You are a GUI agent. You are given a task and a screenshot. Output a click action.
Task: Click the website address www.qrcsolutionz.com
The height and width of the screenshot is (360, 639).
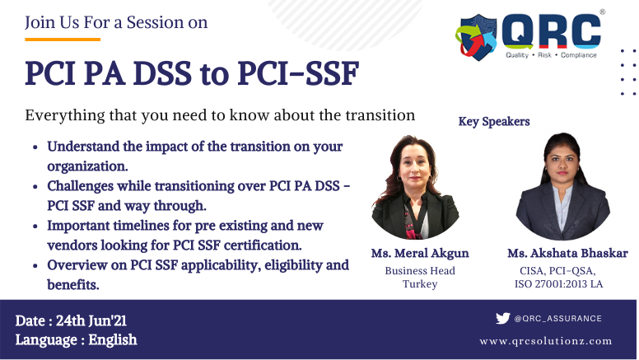click(x=545, y=340)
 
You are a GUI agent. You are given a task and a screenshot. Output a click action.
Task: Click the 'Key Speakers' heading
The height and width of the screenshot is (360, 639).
click(x=494, y=122)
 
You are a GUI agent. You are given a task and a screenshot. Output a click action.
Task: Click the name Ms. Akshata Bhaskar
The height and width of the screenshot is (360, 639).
click(x=556, y=253)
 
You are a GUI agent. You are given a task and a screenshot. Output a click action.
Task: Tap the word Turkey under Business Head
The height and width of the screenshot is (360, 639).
click(x=419, y=284)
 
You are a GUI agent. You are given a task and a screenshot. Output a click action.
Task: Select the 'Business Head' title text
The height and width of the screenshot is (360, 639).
click(x=419, y=271)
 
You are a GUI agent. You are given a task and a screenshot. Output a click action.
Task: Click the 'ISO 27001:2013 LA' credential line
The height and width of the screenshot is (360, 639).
click(x=556, y=284)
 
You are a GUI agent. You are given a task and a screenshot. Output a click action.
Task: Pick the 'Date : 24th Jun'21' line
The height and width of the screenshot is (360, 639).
click(x=71, y=320)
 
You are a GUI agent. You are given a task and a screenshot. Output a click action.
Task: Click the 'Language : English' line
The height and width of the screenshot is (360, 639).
click(x=76, y=339)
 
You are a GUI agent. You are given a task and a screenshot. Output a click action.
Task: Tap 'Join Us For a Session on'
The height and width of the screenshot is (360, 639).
click(x=116, y=22)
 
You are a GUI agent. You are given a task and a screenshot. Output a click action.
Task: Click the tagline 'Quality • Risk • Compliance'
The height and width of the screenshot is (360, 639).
click(x=553, y=55)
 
